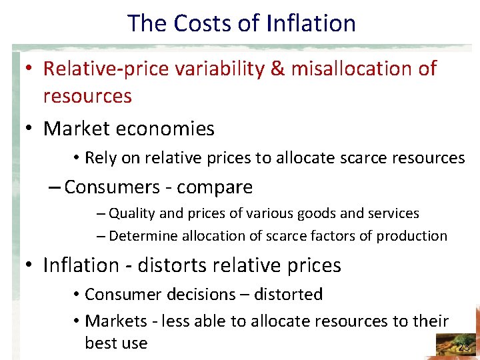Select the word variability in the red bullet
pos(218,69)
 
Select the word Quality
pos(133,214)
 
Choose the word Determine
pos(141,236)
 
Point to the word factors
pos(335,236)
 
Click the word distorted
pos(290,295)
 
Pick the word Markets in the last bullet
pos(116,321)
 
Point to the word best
pos(100,343)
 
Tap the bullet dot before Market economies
pos(30,129)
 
